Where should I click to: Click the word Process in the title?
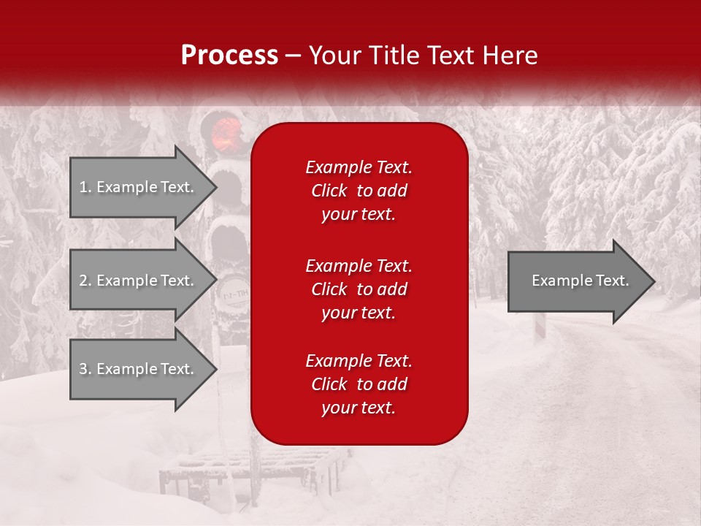pyautogui.click(x=229, y=56)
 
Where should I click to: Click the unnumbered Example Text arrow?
pyautogui.click(x=581, y=281)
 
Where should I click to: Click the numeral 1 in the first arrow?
pyautogui.click(x=83, y=187)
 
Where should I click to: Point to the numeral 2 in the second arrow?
pyautogui.click(x=83, y=281)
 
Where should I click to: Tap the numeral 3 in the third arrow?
pyautogui.click(x=83, y=369)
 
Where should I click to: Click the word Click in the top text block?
pyautogui.click(x=329, y=191)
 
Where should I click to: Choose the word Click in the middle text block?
pyautogui.click(x=329, y=289)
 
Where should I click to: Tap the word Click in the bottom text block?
pyautogui.click(x=329, y=384)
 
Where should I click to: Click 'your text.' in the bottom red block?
pyautogui.click(x=359, y=408)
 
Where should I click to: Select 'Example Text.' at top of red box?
pyautogui.click(x=359, y=167)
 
